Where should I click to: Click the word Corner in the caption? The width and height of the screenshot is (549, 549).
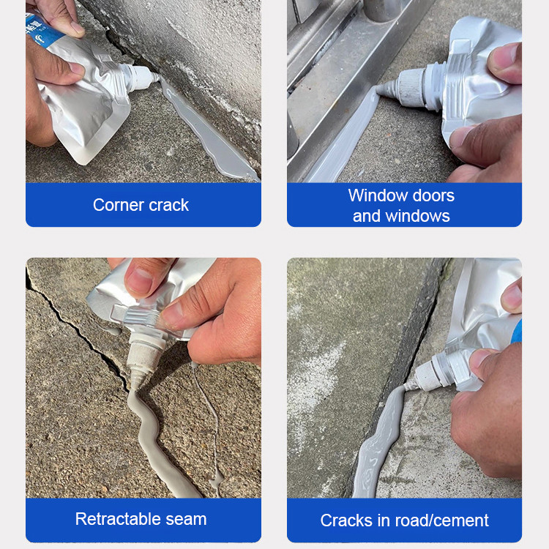(x=118, y=205)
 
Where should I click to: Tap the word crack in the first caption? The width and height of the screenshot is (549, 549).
(x=169, y=205)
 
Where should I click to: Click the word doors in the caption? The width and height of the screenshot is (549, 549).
(x=433, y=195)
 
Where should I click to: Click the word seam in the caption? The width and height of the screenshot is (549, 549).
(x=186, y=519)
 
